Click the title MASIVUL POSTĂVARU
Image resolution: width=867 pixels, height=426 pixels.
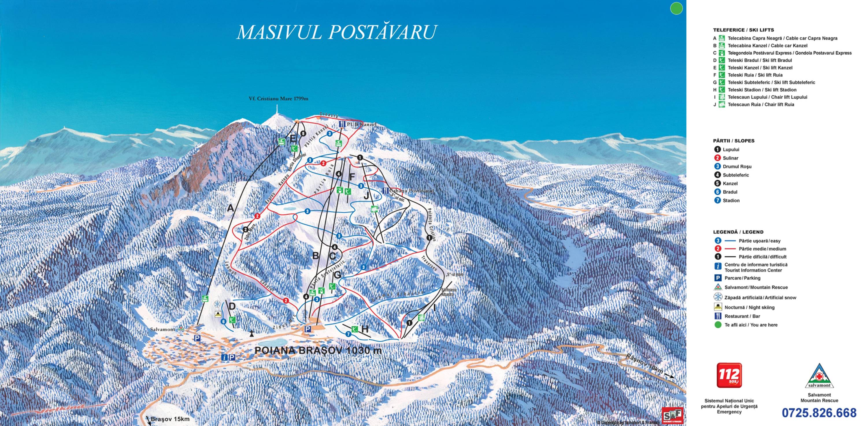[337, 32]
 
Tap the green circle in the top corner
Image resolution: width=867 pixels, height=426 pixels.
[676, 8]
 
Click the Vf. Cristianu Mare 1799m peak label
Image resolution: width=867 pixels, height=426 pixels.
[278, 99]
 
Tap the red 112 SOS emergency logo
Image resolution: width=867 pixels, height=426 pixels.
[729, 375]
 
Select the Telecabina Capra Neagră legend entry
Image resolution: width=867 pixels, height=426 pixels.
[782, 38]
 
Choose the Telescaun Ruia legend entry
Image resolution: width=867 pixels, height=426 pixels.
[761, 105]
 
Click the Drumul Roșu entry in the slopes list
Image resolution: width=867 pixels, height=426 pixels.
[737, 166]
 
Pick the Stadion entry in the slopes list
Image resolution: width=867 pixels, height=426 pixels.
[731, 200]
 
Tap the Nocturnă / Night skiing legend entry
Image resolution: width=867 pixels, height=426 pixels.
[749, 307]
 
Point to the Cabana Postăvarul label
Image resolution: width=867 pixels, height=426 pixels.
[411, 191]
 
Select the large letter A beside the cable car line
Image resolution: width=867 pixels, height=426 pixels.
[230, 209]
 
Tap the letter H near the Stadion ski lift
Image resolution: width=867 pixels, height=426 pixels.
[365, 329]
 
